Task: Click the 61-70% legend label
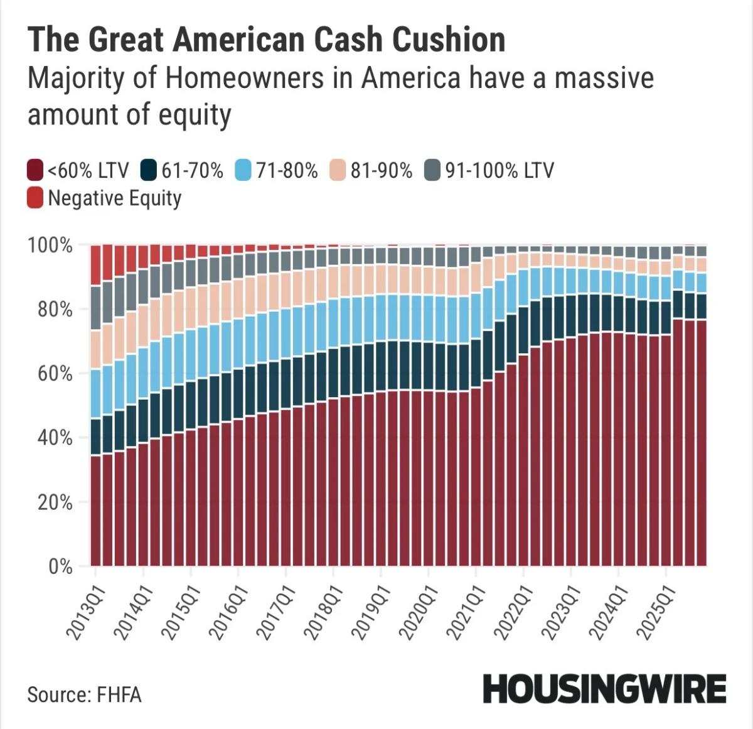coord(192,170)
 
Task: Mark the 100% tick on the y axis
coord(50,245)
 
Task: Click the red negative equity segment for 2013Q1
coord(96,265)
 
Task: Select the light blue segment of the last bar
coord(701,283)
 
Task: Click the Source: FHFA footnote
coord(84,694)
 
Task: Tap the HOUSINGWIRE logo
coord(604,689)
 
